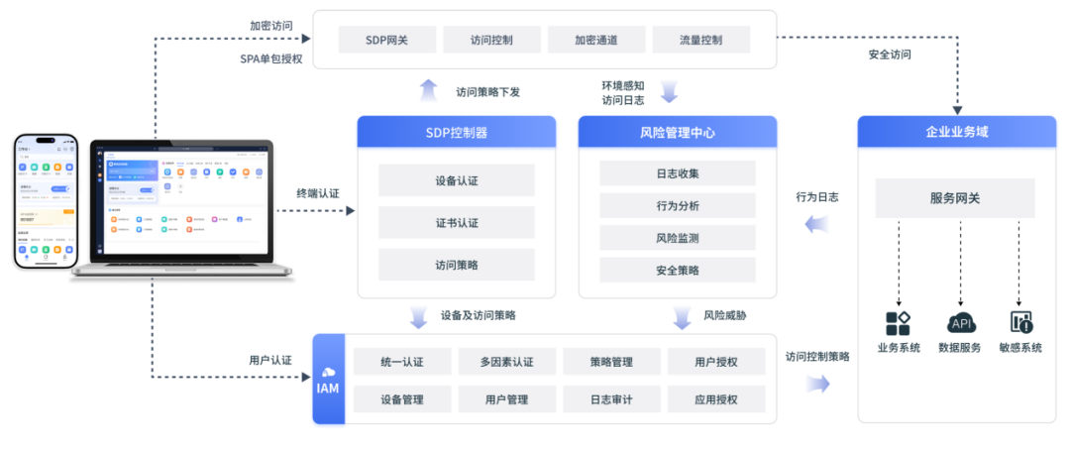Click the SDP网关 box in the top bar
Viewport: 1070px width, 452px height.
click(387, 41)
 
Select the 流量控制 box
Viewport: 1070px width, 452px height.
click(700, 41)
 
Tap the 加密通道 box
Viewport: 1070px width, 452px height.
click(596, 41)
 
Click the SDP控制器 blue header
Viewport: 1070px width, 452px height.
click(456, 132)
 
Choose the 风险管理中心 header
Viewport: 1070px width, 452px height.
click(678, 132)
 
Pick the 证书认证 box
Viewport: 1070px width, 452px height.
click(456, 223)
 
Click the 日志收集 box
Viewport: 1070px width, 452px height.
click(678, 173)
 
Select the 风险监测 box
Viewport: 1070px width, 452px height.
click(678, 238)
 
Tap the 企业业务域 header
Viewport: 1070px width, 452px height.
click(956, 132)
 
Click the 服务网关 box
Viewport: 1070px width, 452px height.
click(955, 198)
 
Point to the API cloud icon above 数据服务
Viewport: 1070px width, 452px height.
click(960, 323)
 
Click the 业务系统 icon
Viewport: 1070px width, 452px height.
click(898, 323)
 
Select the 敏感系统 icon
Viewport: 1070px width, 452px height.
click(1020, 323)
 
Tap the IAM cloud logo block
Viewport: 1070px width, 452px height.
click(327, 381)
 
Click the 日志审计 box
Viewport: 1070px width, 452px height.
click(611, 399)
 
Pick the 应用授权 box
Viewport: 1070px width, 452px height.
click(716, 399)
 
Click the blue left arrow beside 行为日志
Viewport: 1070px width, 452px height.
click(816, 225)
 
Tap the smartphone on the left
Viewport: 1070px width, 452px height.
click(44, 201)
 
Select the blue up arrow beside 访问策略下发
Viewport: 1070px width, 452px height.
click(428, 91)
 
